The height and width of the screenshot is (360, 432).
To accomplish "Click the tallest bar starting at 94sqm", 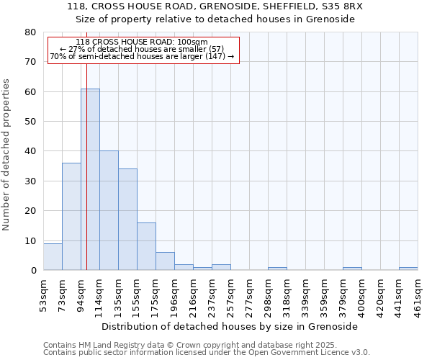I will (90, 180).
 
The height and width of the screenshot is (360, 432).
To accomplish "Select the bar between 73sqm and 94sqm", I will (71, 217).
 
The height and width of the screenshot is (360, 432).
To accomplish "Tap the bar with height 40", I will (109, 210).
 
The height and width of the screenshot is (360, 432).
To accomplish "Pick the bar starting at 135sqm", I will (127, 220).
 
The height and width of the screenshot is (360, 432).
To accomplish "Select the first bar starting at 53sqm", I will (53, 257).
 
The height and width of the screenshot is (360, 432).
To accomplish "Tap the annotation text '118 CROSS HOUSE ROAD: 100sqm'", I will (141, 42).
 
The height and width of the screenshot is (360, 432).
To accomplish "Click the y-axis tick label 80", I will (30, 32).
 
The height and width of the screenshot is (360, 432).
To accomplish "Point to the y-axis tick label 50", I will (30, 122).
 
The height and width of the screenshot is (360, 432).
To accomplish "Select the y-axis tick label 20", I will (30, 211).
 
